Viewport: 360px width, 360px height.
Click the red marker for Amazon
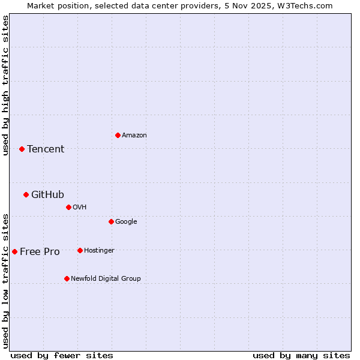[118, 135]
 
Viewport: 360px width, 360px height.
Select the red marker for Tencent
[22, 149]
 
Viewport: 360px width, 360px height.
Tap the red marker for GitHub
[26, 194]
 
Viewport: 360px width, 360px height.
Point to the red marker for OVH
[68, 207]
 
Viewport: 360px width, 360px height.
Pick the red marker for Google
[111, 221]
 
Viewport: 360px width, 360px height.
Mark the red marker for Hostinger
[80, 250]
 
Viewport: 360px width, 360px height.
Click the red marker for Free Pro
[14, 251]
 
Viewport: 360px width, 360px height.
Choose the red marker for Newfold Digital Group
[67, 278]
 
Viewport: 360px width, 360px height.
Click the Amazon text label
[134, 136]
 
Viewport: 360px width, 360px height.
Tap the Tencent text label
[46, 149]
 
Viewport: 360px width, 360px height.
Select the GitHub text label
[47, 195]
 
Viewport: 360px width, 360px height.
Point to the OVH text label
[80, 208]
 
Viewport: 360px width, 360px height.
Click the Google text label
[126, 222]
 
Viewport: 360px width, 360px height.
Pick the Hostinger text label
[99, 251]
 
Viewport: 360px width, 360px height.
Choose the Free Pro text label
[40, 252]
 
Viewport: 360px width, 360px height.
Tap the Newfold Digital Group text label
[106, 279]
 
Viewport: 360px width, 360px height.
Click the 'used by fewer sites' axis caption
[62, 355]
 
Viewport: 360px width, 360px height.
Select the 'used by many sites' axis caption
[301, 355]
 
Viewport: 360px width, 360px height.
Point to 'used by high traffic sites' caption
[5, 85]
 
